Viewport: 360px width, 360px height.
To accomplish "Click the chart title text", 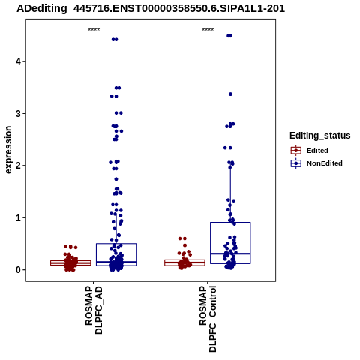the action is pos(151,9).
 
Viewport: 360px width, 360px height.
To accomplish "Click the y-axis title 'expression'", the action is pos(8,150).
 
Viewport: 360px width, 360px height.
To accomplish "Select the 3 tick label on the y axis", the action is pos(18,114).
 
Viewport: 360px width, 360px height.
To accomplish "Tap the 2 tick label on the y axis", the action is pos(18,166).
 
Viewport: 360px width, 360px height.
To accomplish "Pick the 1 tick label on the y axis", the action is pos(18,218).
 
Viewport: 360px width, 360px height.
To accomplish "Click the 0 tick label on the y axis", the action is pos(18,270).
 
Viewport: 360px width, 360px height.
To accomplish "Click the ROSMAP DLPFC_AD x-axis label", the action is pos(94,310).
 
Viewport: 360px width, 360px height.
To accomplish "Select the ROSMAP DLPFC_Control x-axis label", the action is pos(208,319).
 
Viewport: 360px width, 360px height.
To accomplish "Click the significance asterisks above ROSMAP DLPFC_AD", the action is pos(94,30).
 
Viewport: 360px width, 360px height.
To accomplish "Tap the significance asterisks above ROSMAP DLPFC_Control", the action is pos(208,30).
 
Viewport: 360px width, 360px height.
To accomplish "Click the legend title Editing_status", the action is pos(320,136).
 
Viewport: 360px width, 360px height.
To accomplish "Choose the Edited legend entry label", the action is pos(317,151).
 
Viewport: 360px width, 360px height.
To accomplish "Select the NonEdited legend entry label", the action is pos(325,163).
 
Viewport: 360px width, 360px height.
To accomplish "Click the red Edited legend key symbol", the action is pos(296,151).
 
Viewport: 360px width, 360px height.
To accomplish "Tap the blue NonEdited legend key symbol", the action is pos(296,163).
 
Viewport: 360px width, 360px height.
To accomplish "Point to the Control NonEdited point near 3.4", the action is pos(231,94).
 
